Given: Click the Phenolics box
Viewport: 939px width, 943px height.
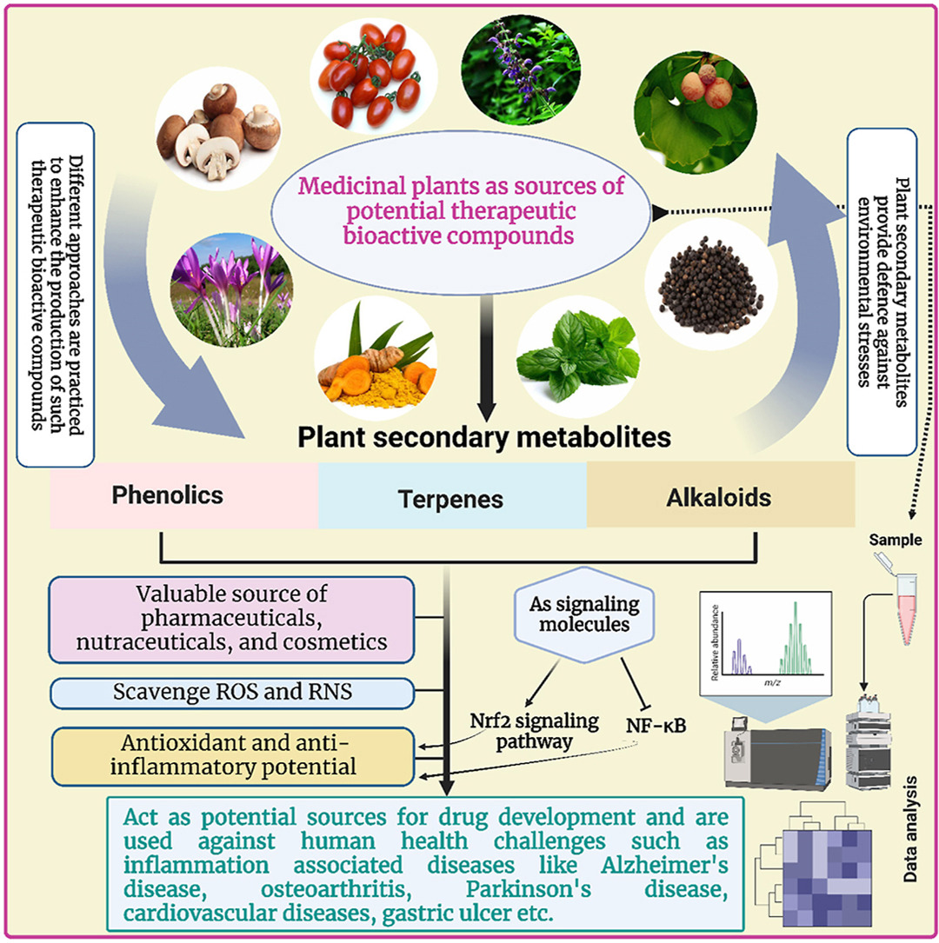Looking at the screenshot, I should [x=167, y=495].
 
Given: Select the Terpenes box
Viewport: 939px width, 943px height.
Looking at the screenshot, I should [x=451, y=499].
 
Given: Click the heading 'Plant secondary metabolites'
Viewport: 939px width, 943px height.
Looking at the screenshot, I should [x=484, y=437].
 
